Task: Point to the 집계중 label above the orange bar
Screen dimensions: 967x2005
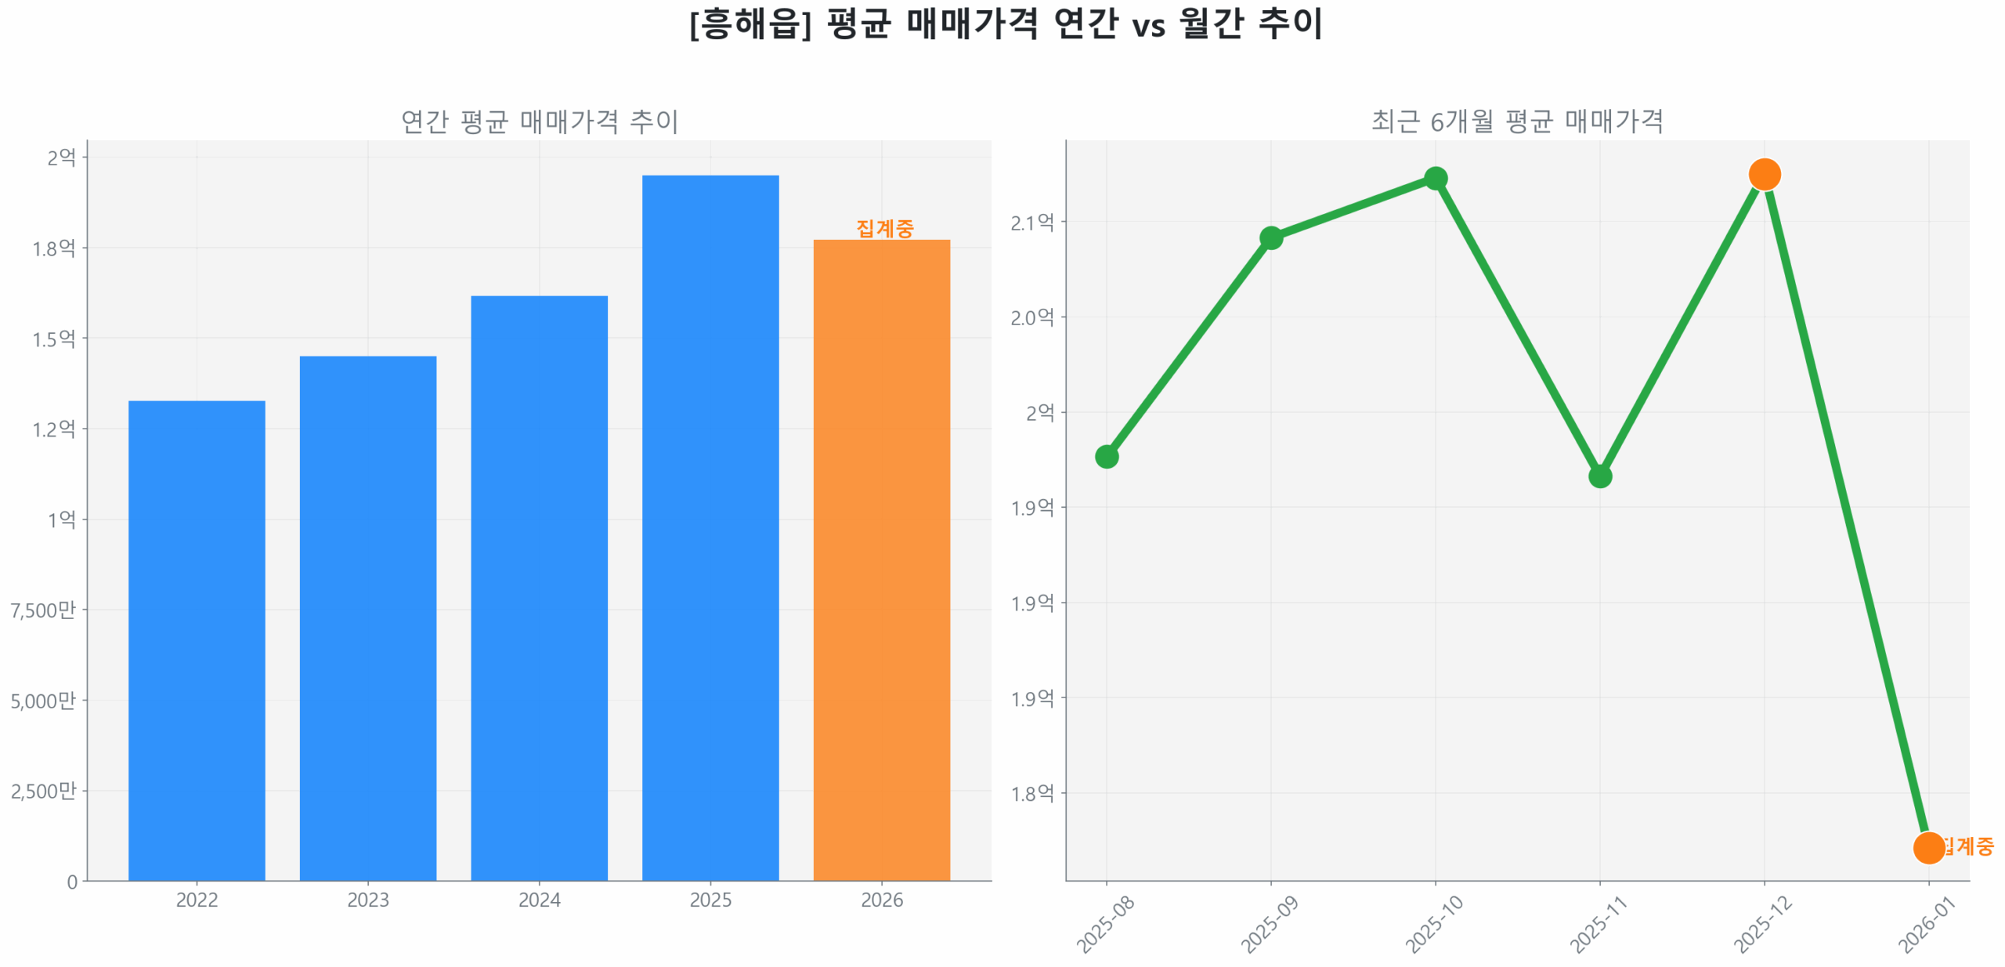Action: [883, 228]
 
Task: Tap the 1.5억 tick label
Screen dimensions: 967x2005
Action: [53, 338]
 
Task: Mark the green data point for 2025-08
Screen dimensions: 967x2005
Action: [1105, 455]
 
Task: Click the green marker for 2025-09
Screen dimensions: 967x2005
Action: [1270, 237]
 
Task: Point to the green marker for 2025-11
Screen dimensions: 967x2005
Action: [1599, 475]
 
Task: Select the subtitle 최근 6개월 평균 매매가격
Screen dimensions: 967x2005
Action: [1515, 121]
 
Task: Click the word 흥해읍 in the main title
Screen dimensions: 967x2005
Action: [749, 24]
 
